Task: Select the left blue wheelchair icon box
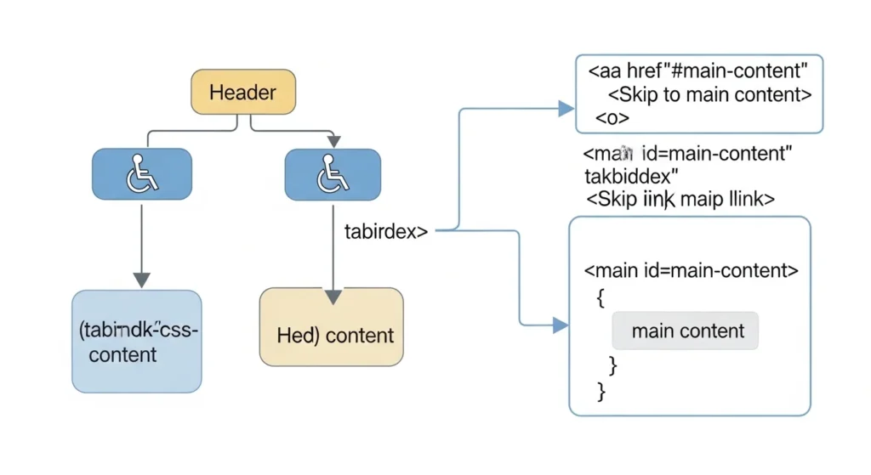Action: click(x=141, y=174)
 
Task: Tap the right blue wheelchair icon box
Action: click(x=333, y=174)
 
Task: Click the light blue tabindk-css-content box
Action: click(x=137, y=342)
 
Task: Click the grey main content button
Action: click(x=685, y=331)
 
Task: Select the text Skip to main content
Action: click(x=710, y=94)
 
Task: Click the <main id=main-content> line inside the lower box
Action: click(x=691, y=271)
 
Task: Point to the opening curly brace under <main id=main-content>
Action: click(x=601, y=297)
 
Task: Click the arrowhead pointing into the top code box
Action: click(x=565, y=108)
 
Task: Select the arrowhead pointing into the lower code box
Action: click(x=559, y=325)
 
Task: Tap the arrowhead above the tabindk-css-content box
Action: click(x=142, y=280)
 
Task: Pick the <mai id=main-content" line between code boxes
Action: click(x=688, y=154)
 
